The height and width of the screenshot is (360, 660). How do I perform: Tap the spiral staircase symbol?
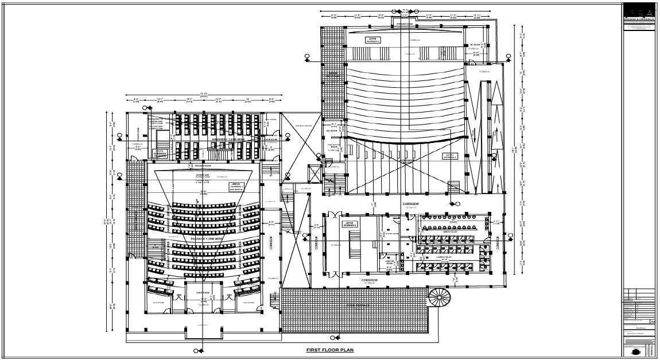pos(440,298)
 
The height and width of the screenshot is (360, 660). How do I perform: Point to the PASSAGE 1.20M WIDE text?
pos(205,237)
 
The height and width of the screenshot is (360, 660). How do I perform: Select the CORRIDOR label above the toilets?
pos(410,204)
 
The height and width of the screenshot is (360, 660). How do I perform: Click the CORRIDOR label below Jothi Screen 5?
pos(369,280)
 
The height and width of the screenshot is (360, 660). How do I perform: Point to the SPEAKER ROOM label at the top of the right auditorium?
pos(405,24)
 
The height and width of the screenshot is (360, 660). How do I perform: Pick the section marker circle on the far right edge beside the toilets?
pos(508,235)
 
